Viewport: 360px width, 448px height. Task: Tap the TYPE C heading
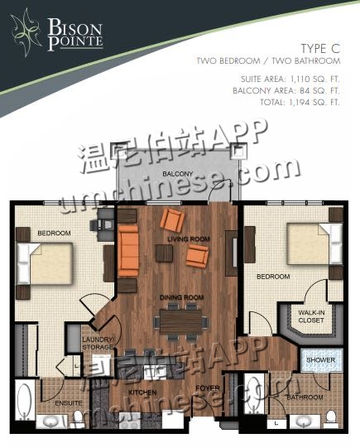pos(320,49)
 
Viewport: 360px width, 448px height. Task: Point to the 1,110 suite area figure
pos(304,79)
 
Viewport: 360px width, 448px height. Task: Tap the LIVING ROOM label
pos(189,238)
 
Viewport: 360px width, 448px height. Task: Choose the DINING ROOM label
pos(181,297)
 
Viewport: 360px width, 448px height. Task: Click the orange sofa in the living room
pos(128,251)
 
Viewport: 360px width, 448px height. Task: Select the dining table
pos(180,320)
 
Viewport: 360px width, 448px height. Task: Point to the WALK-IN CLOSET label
pos(311,316)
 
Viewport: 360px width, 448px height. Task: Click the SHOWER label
pos(320,360)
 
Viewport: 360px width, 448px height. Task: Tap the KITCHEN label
pos(142,393)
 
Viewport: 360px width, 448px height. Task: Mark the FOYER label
pos(208,388)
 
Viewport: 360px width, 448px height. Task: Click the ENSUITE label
pos(69,402)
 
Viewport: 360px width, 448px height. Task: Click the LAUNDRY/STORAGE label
pos(98,344)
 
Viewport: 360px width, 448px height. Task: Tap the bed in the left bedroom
pos(45,263)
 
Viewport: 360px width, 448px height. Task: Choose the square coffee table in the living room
pos(164,253)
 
